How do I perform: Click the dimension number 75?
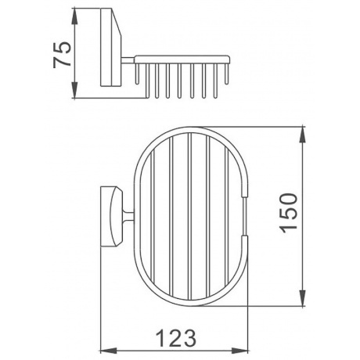click(62, 54)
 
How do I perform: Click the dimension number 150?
click(288, 212)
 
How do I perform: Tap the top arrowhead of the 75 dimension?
click(75, 16)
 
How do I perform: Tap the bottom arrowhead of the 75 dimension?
click(75, 90)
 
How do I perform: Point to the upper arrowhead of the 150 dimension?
click(302, 135)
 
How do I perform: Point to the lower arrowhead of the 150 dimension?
click(302, 298)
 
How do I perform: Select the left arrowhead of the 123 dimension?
click(109, 351)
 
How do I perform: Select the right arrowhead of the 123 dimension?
click(239, 351)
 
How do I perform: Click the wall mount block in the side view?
click(110, 47)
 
